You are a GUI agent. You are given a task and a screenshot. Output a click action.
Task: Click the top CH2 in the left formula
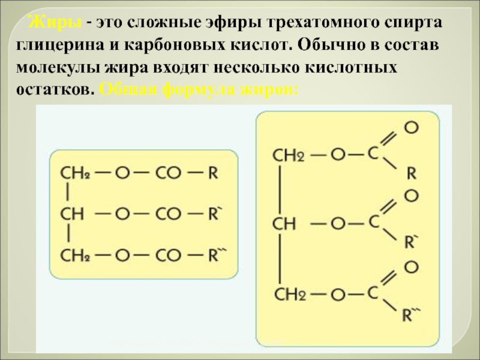tap(74, 174)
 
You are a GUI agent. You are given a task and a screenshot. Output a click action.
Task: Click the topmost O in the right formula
tap(411, 127)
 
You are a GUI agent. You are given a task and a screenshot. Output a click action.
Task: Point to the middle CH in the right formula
tap(285, 224)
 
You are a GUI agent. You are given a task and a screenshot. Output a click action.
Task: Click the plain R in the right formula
tap(412, 173)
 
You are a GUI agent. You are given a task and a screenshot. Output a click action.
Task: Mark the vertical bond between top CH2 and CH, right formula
tap(280, 189)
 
